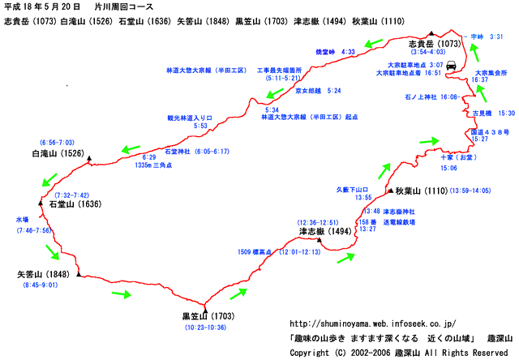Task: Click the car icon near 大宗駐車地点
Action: tap(453, 66)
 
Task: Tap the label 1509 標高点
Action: tap(255, 251)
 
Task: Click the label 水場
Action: tap(22, 219)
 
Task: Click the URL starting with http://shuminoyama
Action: tap(373, 323)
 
